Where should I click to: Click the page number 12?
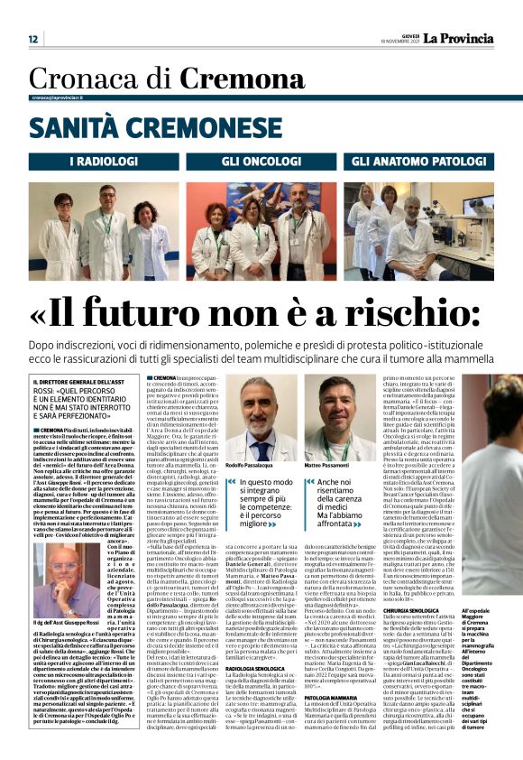[32, 39]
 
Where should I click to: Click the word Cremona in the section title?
[230, 79]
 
